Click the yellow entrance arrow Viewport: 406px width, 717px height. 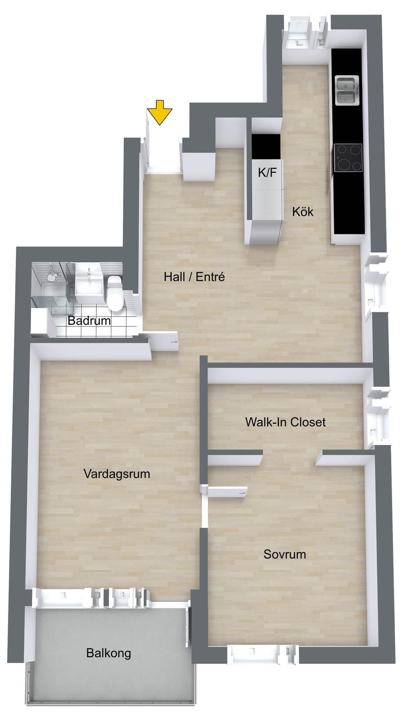159,113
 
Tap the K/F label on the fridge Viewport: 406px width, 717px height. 267,173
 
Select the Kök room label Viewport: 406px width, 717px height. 303,212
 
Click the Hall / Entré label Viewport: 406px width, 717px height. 194,277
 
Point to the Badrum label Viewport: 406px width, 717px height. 89,320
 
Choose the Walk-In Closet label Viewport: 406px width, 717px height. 285,422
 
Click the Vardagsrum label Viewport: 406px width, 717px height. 117,474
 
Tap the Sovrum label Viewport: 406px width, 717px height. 285,554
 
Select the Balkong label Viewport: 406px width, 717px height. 109,653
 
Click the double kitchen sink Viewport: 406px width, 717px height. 347,91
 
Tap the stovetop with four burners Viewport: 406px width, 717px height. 348,157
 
